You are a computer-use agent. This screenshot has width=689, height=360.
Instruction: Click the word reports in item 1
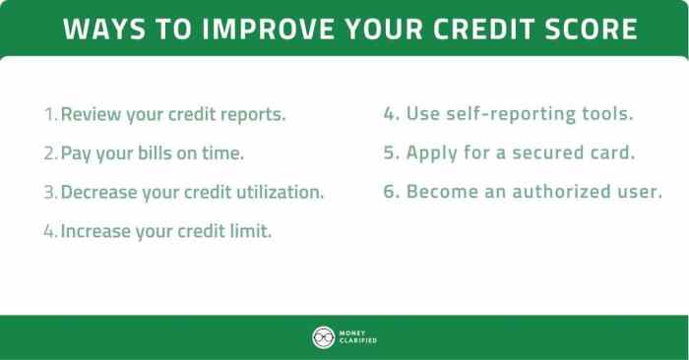[x=252, y=114]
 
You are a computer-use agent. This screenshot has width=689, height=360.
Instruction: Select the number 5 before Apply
[x=390, y=153]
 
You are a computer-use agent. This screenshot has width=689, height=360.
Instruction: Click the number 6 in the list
[x=390, y=193]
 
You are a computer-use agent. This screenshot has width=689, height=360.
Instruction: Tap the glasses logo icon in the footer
[x=323, y=337]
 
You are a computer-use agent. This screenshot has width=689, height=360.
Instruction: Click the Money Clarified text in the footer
[x=359, y=337]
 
